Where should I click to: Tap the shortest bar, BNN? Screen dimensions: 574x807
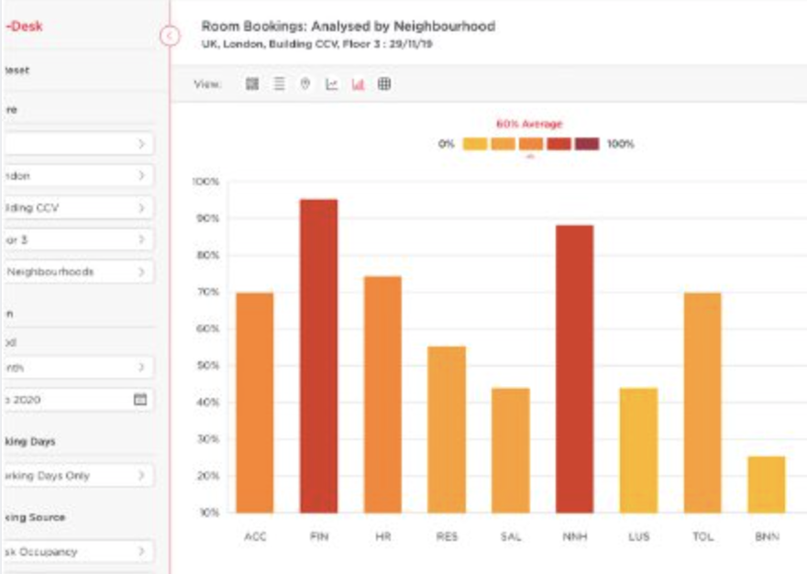[766, 484]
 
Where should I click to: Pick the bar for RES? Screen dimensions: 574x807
[446, 429]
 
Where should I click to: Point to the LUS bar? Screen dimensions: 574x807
[638, 450]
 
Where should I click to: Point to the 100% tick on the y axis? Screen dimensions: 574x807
[206, 182]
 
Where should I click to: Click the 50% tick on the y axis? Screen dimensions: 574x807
[207, 366]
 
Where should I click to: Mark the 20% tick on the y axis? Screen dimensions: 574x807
[207, 476]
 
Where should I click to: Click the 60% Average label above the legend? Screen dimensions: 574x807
[529, 124]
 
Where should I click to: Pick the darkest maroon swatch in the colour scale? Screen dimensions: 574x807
[587, 144]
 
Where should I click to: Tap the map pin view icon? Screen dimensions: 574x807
[305, 84]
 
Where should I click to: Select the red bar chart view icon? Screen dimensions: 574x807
[358, 84]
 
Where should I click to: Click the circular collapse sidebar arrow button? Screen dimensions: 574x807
[169, 36]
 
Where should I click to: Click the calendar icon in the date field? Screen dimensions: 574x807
[140, 400]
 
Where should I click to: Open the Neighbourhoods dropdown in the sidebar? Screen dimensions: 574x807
[77, 271]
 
